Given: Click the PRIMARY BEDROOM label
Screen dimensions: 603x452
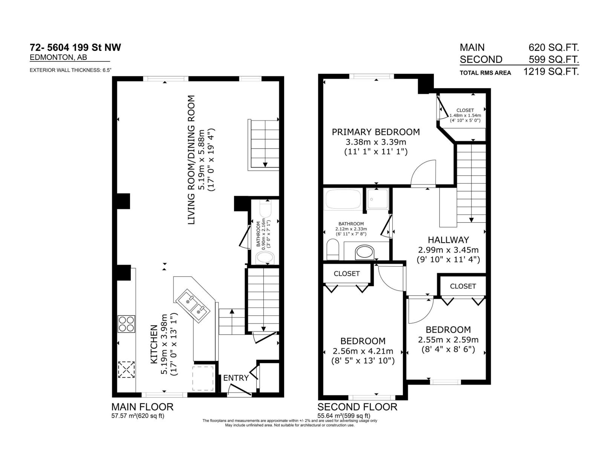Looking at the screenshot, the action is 375,132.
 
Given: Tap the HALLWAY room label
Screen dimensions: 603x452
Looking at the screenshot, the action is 448,240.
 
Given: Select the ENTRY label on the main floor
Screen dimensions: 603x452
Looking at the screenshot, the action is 236,378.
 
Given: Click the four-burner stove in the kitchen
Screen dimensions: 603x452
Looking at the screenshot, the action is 126,324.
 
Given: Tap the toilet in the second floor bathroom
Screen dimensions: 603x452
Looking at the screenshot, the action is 333,249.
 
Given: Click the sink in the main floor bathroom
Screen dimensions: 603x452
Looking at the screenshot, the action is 265,258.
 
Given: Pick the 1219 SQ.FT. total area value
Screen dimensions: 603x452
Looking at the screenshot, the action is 551,72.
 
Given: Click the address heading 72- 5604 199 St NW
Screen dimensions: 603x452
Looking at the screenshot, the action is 75,47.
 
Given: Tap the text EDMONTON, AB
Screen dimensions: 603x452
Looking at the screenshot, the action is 58,57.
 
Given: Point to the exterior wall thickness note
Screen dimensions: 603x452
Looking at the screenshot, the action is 70,70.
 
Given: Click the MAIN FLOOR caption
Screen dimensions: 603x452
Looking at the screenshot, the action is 142,407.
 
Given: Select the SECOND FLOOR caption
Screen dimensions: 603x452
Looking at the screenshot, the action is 357,407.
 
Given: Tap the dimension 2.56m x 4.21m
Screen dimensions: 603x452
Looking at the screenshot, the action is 363,351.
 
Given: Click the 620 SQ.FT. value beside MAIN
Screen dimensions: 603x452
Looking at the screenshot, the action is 554,47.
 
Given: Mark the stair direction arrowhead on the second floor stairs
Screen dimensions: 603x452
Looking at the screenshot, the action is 471,220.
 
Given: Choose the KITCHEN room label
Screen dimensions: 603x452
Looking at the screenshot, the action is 154,344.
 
